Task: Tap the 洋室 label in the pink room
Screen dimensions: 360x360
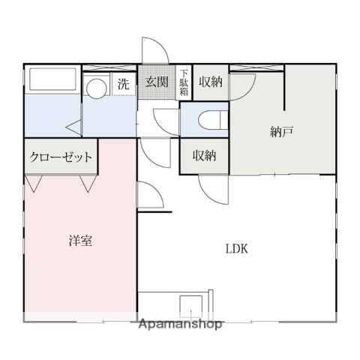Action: click(81, 241)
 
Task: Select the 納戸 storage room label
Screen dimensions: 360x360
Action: click(281, 132)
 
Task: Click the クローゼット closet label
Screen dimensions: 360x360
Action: click(61, 157)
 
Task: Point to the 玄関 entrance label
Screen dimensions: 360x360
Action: click(156, 83)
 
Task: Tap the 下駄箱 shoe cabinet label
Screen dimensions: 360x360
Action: click(184, 83)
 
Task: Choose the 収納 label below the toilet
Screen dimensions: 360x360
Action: click(204, 156)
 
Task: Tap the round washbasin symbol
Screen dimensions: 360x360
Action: click(95, 88)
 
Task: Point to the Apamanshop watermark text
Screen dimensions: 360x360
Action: click(180, 325)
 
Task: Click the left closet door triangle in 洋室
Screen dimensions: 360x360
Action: click(34, 182)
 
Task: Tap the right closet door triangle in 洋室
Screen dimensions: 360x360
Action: click(88, 182)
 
